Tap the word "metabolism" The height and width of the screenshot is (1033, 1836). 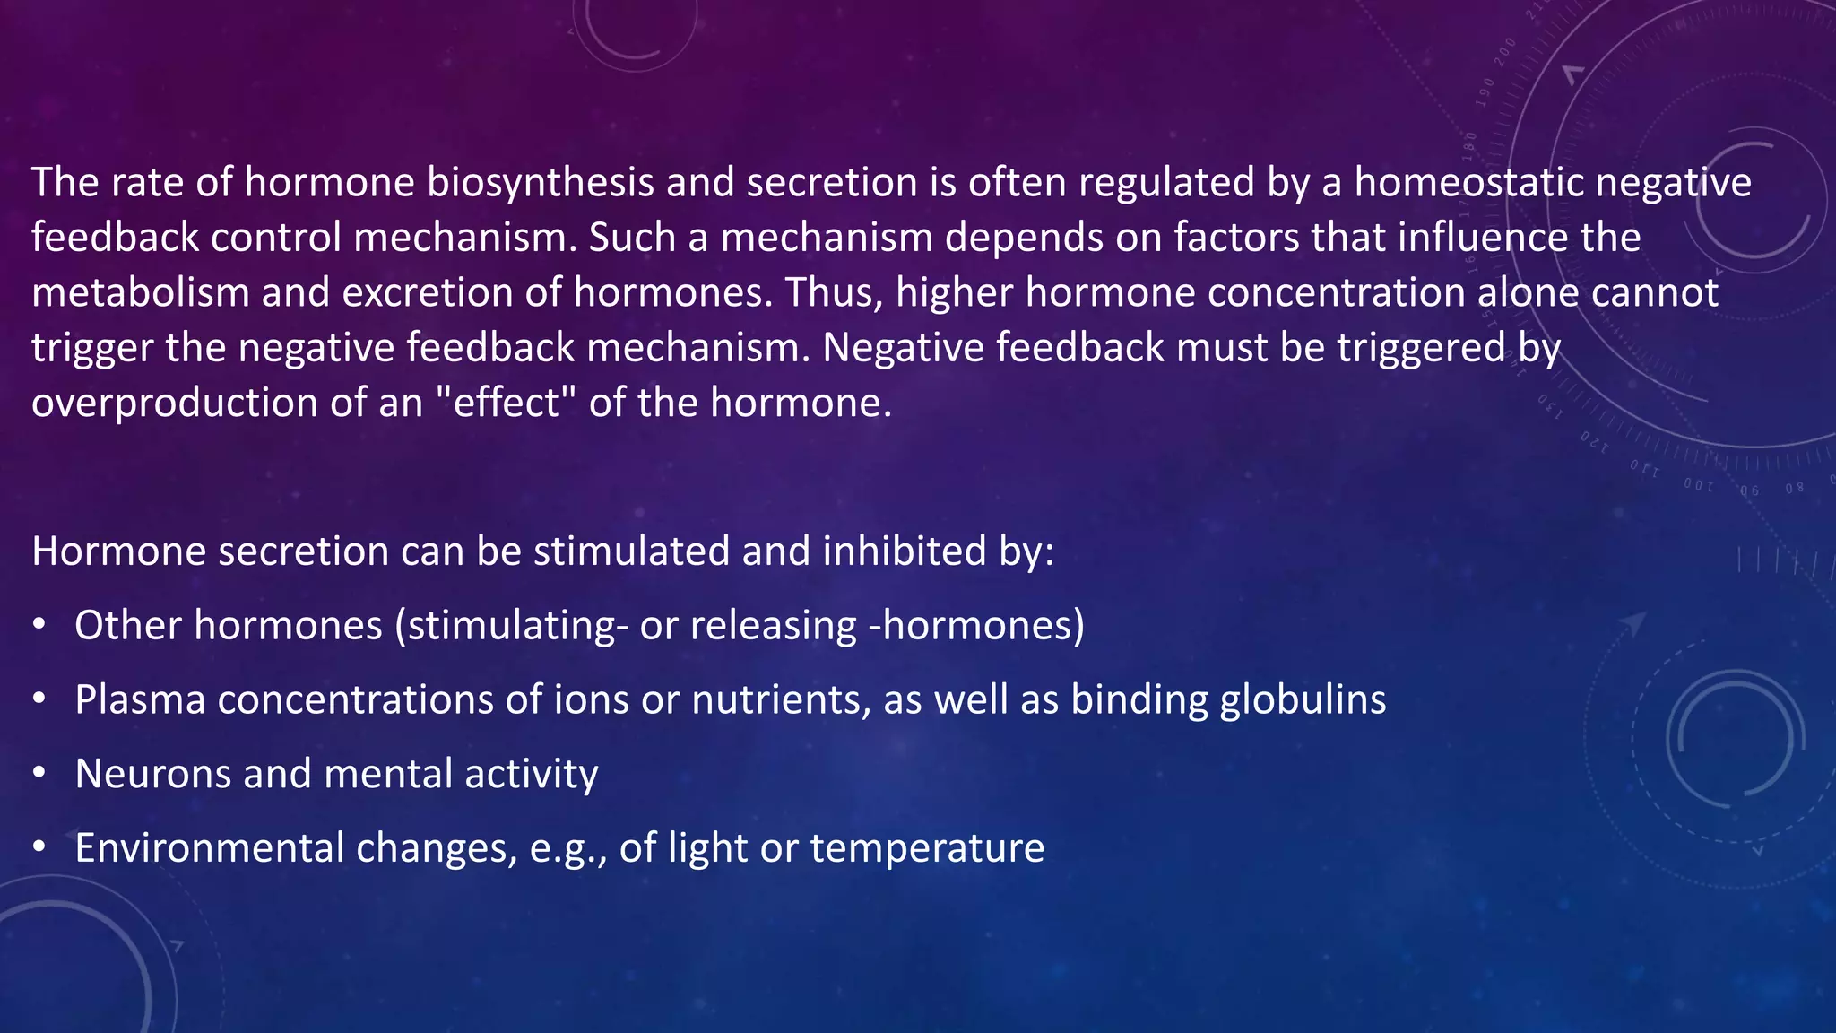pyautogui.click(x=141, y=293)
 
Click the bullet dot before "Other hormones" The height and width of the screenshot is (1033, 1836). pyautogui.click(x=39, y=625)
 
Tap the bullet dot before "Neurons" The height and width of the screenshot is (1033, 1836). pyautogui.click(x=39, y=773)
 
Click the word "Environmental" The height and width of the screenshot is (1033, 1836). pyautogui.click(x=209, y=848)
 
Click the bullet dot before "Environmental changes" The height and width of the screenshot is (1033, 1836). pyautogui.click(x=39, y=847)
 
